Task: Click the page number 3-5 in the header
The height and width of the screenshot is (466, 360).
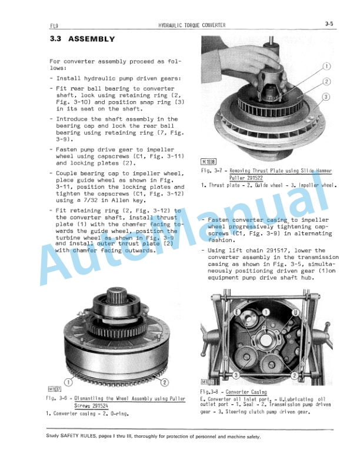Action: tap(328, 24)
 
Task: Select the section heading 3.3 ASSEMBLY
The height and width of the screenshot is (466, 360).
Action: tap(82, 39)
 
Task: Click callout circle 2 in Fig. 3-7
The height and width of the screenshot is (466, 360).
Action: tap(327, 81)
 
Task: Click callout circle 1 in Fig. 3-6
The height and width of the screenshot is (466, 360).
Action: tap(67, 382)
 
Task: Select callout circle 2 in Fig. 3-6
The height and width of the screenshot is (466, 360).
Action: tap(165, 382)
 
